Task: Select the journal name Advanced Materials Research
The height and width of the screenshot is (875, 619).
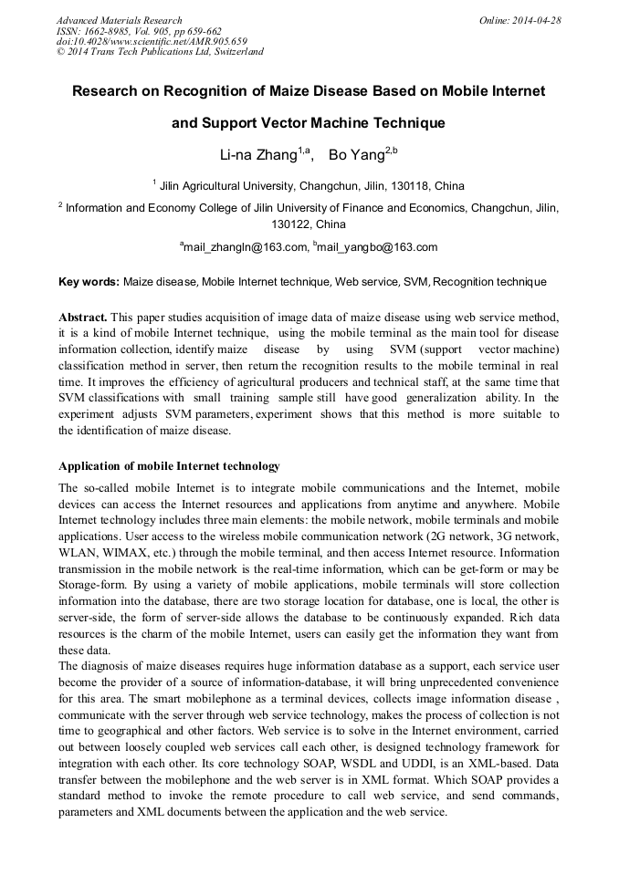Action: coord(119,20)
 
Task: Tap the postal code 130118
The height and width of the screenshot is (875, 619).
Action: coord(414,186)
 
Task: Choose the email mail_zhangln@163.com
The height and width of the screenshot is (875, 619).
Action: coord(244,247)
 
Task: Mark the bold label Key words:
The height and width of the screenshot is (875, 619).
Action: coord(88,282)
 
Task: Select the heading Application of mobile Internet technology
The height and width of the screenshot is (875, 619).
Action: coord(169,466)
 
